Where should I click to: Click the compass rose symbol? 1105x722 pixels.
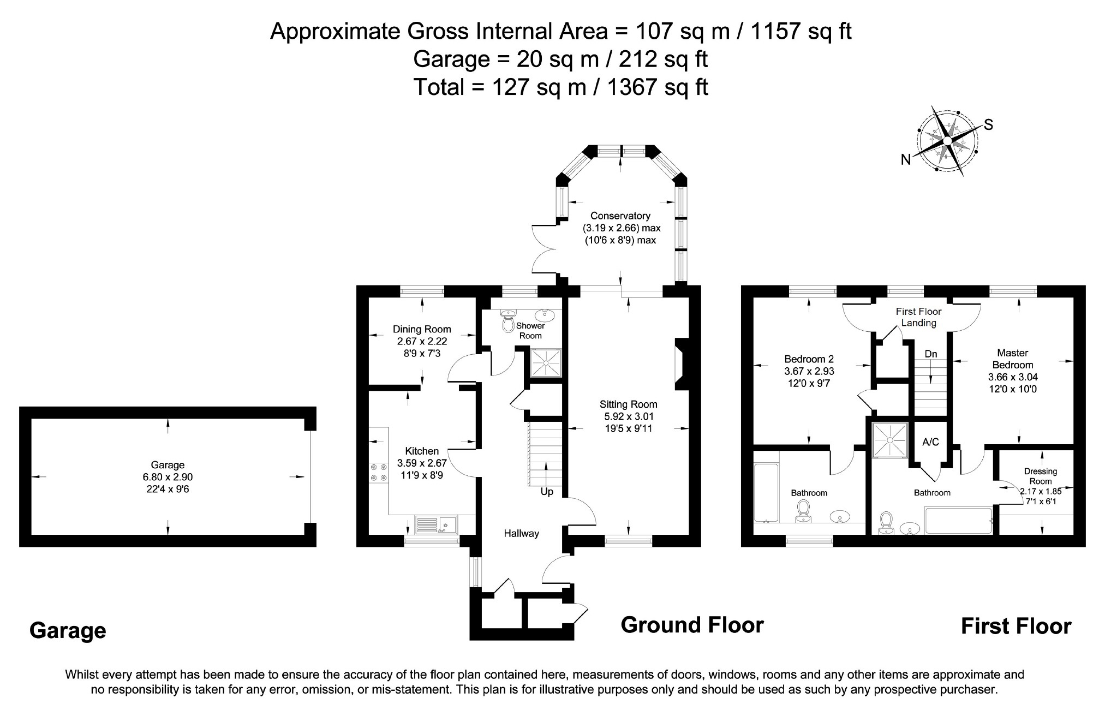point(948,141)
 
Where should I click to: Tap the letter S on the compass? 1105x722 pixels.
point(988,125)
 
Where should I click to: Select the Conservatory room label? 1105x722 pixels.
point(620,216)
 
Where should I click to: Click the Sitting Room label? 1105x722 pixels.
point(628,404)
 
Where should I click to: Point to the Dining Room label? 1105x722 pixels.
point(422,329)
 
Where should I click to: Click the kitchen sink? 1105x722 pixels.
point(436,524)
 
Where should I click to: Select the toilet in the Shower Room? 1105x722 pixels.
point(508,322)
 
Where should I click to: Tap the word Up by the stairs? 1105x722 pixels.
point(547,492)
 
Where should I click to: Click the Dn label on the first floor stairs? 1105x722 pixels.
point(930,354)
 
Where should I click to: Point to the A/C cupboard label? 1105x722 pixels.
point(930,442)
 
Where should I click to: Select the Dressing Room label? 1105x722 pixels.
point(1040,476)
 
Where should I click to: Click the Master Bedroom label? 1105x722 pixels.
point(1013,359)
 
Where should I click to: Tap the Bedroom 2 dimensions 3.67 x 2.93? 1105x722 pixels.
point(809,371)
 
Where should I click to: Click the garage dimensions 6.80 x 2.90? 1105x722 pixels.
point(168,477)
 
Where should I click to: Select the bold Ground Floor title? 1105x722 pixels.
point(692,625)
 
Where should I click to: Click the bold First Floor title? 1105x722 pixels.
point(1016,626)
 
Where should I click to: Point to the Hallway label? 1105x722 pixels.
point(521,534)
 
